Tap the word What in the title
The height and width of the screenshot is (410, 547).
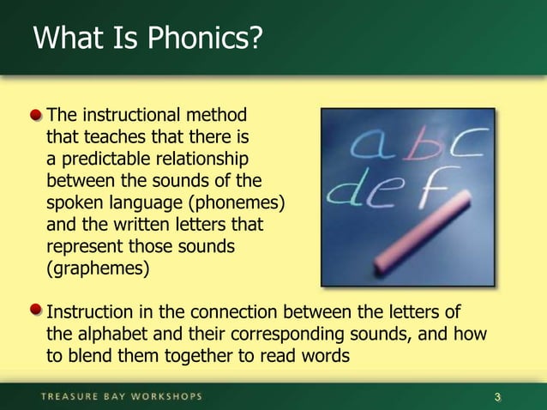63,39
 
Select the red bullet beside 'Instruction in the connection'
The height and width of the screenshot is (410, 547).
37,310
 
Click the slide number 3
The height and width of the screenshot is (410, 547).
498,396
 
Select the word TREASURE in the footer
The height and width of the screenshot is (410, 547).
69,396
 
